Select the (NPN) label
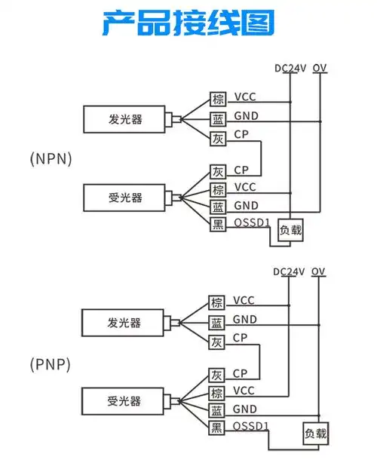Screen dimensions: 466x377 51,158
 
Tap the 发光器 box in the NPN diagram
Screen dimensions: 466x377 125,119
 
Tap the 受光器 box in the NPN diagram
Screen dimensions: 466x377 125,198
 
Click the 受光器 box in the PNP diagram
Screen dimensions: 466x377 124,400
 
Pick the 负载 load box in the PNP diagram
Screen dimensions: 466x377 316,434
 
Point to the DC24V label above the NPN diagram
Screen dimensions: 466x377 290,68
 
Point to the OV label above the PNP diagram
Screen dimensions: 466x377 319,271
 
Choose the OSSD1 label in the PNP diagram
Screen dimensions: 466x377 250,427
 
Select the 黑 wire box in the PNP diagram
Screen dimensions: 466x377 217,428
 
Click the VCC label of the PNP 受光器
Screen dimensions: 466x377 244,391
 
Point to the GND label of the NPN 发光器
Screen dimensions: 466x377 246,117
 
